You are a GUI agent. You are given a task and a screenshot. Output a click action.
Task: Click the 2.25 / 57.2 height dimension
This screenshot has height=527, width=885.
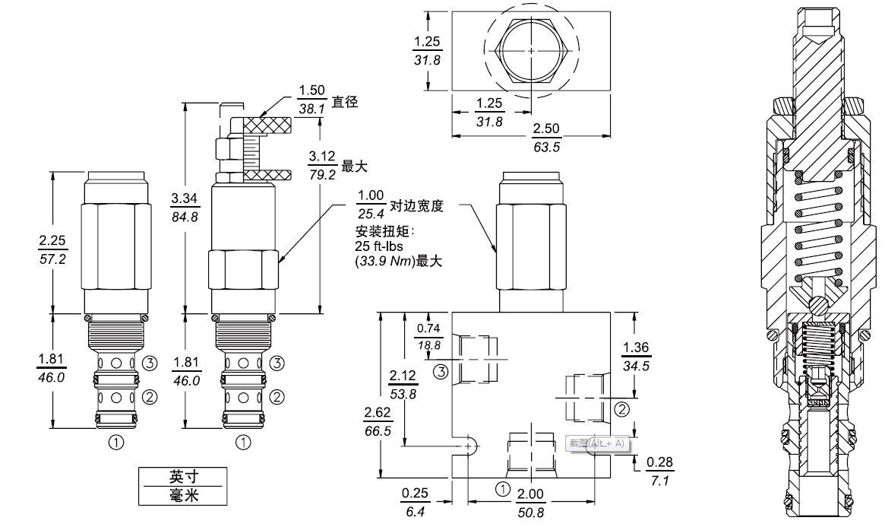click(52, 249)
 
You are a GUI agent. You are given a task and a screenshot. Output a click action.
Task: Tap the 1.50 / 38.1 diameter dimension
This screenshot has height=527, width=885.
click(311, 101)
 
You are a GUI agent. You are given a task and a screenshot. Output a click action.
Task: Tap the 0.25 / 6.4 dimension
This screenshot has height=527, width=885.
click(415, 502)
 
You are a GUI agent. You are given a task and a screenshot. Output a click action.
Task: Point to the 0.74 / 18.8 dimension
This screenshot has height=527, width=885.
click(429, 335)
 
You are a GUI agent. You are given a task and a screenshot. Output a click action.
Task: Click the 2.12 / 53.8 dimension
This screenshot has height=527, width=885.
click(403, 383)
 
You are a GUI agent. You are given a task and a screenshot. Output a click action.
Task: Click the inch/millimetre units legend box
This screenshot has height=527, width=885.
click(183, 485)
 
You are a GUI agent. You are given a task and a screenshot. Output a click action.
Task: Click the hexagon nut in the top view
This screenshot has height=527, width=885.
click(530, 50)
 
